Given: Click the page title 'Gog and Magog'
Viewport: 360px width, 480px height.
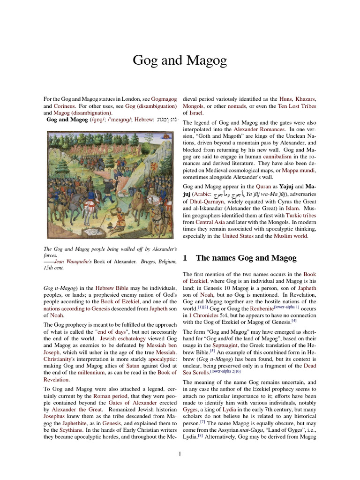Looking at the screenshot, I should (x=180, y=60).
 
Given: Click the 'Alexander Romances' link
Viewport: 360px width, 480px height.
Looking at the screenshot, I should (x=255, y=129).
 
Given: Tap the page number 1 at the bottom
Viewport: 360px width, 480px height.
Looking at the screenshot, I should (x=180, y=454).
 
